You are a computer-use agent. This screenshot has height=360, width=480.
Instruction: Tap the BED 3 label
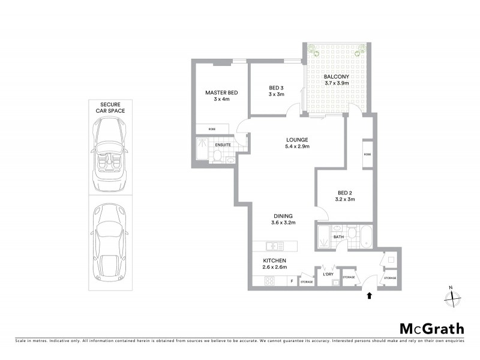276,88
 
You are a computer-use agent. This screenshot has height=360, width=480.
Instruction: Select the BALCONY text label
336,77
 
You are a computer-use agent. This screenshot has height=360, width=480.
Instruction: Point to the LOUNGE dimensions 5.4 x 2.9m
297,147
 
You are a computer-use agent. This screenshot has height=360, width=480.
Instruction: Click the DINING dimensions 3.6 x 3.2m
283,223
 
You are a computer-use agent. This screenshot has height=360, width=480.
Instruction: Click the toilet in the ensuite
218,156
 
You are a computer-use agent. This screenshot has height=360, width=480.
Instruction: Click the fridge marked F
292,281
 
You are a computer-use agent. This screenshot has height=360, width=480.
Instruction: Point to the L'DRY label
328,274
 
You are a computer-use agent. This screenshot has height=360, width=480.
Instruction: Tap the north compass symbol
454,296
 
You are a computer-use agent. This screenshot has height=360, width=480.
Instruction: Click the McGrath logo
431,328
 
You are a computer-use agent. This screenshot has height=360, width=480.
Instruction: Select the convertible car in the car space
109,152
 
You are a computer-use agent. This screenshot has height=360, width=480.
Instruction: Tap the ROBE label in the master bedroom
212,129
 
